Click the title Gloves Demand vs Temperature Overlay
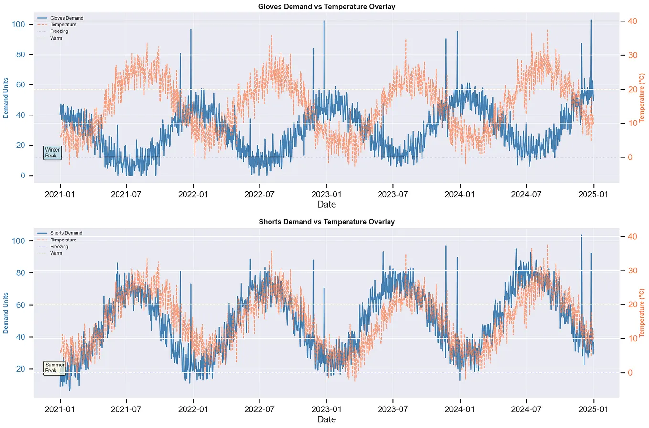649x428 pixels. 326,7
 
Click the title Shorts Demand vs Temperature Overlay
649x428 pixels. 326,222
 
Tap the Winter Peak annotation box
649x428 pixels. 53,153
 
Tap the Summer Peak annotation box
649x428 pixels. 54,367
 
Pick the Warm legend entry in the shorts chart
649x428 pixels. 56,253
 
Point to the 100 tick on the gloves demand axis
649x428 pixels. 19,24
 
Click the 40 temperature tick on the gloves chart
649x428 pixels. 632,21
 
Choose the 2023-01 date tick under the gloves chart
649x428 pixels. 326,194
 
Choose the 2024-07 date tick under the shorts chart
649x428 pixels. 526,409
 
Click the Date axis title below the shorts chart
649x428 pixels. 326,419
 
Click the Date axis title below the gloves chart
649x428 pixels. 326,204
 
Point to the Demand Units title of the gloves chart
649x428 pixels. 6,98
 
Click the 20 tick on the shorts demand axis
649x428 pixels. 19,369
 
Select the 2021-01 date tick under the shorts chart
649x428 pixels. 60,409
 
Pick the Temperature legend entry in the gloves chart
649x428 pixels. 63,25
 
